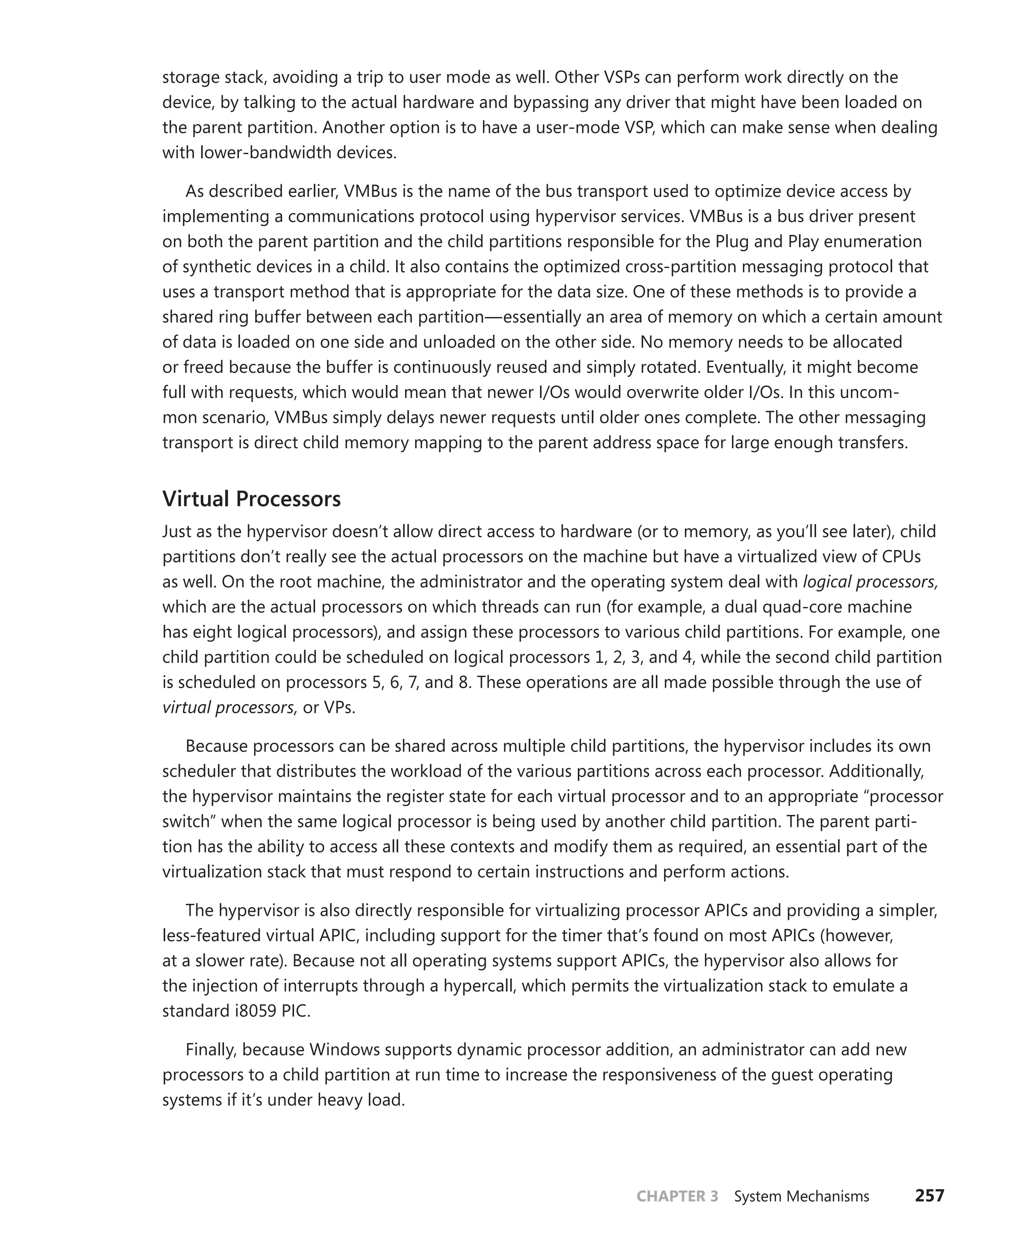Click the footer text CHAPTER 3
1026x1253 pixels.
[677, 1196]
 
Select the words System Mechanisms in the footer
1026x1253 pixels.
[801, 1196]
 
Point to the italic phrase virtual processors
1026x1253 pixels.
[228, 707]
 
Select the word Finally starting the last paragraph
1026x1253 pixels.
[211, 1050]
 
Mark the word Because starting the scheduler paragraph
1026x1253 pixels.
[216, 746]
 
